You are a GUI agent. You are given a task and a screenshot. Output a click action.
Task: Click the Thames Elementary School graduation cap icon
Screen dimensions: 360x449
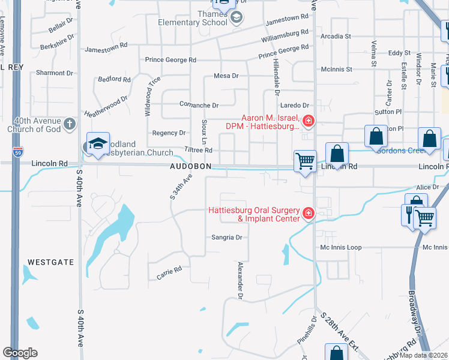[x=237, y=18]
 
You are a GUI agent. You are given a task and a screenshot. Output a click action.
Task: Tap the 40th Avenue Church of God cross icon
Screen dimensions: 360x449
[x=70, y=124]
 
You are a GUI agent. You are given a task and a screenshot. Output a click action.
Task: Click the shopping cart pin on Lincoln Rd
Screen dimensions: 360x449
[x=306, y=161]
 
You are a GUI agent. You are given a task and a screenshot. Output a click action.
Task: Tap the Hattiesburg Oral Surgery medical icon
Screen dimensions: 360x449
[x=309, y=214]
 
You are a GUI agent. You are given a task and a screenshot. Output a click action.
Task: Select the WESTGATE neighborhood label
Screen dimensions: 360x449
[x=50, y=262]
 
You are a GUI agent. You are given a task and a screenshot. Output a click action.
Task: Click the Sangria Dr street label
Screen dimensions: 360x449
[x=226, y=238]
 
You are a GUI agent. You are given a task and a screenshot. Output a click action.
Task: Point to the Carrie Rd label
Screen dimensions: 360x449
[x=169, y=272]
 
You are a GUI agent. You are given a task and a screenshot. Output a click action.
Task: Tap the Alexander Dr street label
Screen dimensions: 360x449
[x=240, y=280]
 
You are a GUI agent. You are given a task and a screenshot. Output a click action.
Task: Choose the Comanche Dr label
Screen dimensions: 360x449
[x=198, y=104]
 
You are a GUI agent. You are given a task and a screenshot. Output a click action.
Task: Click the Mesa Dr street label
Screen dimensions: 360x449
[x=226, y=76]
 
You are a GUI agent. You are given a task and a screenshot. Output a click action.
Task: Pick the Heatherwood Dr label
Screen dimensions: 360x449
[x=106, y=106]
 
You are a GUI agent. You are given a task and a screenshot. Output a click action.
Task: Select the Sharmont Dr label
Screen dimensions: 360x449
[x=54, y=73]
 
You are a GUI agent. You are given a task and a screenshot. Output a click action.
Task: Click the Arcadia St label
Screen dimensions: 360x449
[x=336, y=37]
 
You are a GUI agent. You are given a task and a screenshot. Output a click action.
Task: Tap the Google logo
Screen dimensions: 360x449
[x=20, y=352]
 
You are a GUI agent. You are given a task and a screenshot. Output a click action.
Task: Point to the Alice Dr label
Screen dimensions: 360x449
[x=427, y=187]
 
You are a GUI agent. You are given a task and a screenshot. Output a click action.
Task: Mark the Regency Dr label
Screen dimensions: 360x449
[x=169, y=133]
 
